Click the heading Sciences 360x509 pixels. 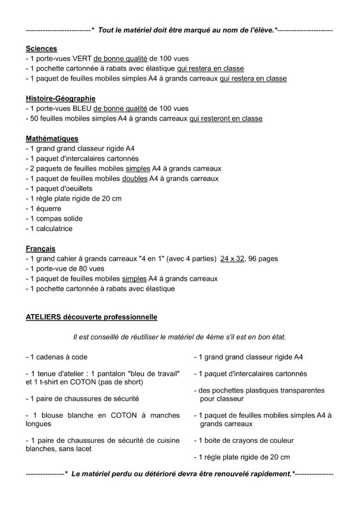click(41, 49)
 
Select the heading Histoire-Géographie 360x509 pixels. click(61, 98)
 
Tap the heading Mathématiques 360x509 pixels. click(52, 139)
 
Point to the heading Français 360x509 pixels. click(40, 249)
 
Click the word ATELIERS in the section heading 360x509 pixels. click(42, 317)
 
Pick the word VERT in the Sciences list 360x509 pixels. click(82, 59)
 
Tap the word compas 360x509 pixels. click(49, 219)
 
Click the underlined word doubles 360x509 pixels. click(134, 178)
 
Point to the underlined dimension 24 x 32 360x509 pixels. click(233, 258)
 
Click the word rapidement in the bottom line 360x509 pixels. click(267, 474)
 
